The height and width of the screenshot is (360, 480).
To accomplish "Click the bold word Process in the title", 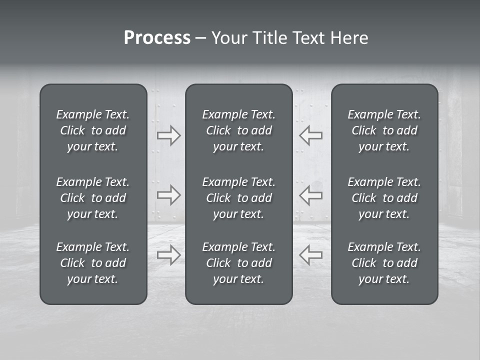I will click(157, 38).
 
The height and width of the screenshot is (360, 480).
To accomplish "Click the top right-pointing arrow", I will click(169, 135).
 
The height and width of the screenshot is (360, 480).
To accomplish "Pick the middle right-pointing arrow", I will click(169, 195).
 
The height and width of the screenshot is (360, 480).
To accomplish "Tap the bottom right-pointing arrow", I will click(169, 254).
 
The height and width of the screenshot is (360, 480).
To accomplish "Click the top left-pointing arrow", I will click(311, 135).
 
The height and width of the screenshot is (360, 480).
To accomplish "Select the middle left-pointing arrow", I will click(311, 195).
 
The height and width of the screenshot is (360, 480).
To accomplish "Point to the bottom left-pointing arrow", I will click(311, 254).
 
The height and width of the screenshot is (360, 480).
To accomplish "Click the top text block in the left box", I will click(93, 130).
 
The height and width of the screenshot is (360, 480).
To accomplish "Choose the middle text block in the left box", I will click(93, 198).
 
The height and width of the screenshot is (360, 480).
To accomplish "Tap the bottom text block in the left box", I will click(93, 263).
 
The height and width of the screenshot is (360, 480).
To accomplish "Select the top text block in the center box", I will click(239, 130).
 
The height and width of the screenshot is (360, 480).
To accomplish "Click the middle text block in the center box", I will click(239, 198).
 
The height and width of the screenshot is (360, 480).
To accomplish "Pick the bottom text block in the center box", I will click(239, 263).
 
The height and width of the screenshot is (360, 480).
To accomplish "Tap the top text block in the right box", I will click(384, 130).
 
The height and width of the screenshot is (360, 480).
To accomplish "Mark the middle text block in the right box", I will click(384, 198).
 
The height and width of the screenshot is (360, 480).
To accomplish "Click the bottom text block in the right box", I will click(384, 263).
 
